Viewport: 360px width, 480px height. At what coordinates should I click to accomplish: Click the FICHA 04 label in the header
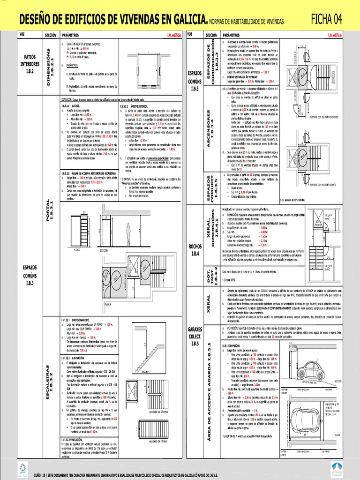pyautogui.click(x=326, y=19)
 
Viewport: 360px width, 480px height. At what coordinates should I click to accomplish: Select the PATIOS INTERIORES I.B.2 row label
pyautogui.click(x=30, y=64)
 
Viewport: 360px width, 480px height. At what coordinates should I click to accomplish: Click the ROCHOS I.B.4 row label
pyautogui.click(x=194, y=249)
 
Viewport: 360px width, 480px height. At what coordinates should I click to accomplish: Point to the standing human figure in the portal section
pyautogui.click(x=128, y=234)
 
